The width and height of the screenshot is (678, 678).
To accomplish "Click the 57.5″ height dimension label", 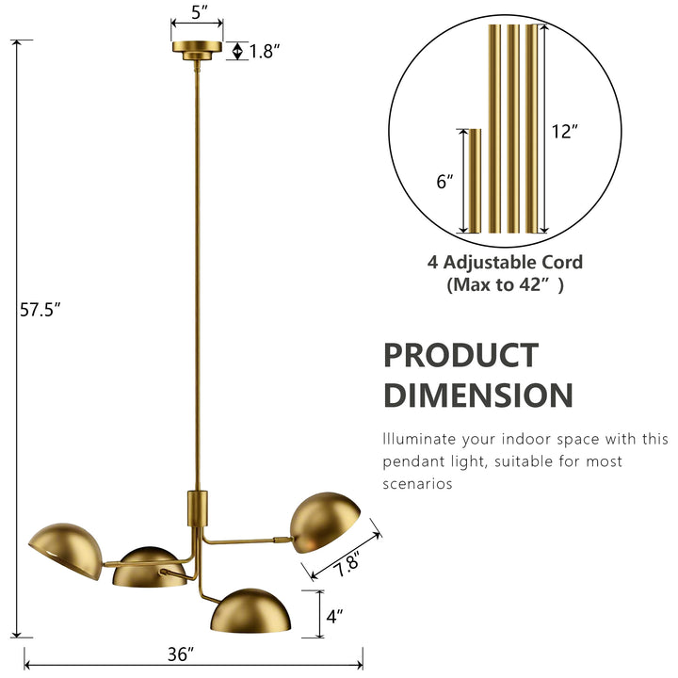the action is [40, 310].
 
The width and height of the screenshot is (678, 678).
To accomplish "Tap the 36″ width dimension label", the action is [181, 654].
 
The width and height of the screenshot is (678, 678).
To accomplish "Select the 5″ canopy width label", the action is [200, 12].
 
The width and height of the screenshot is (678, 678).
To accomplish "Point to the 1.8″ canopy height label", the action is [265, 52].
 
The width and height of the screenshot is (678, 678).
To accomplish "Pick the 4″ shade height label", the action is [334, 616].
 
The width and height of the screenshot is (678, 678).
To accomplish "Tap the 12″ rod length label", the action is [565, 132].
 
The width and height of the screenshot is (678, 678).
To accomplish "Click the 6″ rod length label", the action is [444, 182].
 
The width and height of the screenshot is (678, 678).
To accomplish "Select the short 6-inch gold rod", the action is [475, 181].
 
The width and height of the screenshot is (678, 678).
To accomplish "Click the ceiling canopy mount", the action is [197, 50].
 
